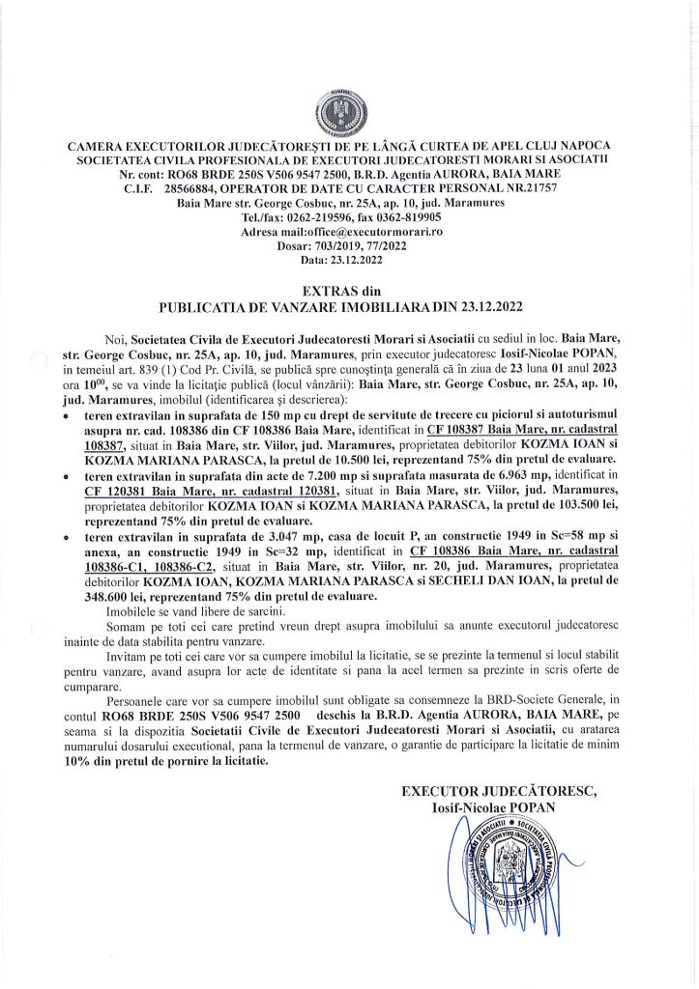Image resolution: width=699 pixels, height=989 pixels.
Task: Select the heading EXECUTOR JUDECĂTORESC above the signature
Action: coord(499,792)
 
